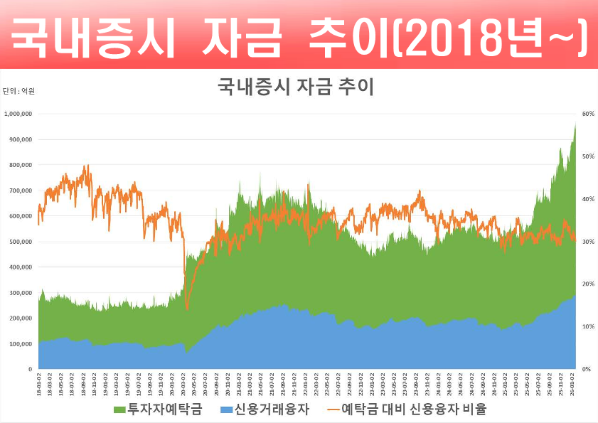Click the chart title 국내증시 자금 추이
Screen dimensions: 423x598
[x=295, y=87]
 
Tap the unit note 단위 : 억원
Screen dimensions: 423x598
[x=18, y=91]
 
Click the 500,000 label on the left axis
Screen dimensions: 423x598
[x=21, y=242]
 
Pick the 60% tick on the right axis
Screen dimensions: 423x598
[x=588, y=114]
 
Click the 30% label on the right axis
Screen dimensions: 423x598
[x=588, y=242]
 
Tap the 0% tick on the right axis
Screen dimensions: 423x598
[x=587, y=370]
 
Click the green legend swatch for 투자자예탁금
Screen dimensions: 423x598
[x=119, y=410]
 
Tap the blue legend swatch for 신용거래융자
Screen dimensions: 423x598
[x=226, y=410]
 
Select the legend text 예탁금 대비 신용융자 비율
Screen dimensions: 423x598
[x=414, y=410]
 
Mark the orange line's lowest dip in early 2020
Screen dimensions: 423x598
[x=186, y=309]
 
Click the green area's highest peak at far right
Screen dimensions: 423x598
[x=575, y=124]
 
